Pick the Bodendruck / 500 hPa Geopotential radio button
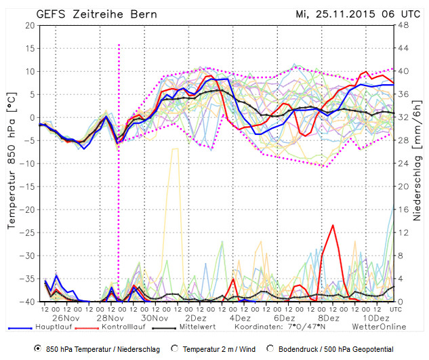coord(272,349)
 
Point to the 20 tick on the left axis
coord(29,25)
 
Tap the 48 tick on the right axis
coord(403,25)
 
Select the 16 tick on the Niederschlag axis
coord(403,209)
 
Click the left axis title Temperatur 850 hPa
coord(11,163)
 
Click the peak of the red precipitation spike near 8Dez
coord(333,225)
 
